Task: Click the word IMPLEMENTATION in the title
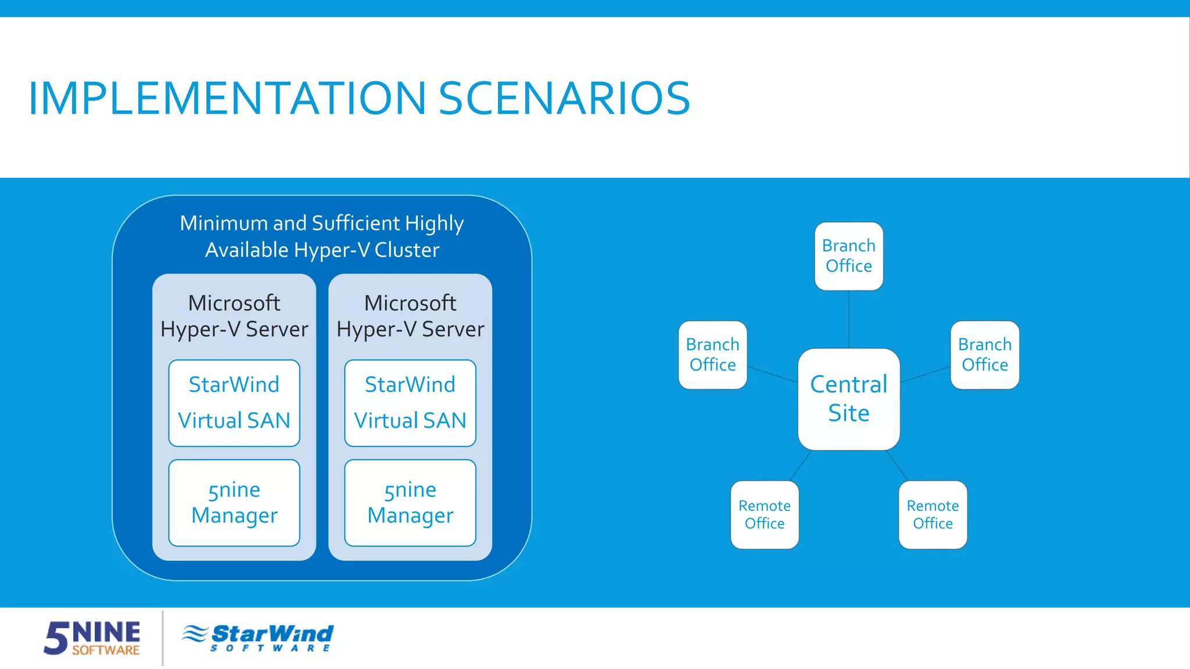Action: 227,98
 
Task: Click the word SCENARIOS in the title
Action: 564,98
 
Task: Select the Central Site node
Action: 848,399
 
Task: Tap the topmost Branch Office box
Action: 848,256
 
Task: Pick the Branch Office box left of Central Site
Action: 712,355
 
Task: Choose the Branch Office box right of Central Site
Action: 984,355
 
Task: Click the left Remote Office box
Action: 764,515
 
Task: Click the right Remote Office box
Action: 933,515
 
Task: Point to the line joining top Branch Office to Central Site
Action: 849,319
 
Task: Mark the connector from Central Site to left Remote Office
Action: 801,465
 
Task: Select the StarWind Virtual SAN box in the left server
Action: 234,402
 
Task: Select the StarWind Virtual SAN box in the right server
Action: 410,402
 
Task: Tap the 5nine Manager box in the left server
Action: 234,502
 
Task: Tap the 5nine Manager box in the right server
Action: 410,502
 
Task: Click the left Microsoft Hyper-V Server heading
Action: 234,316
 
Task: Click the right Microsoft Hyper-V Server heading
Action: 410,316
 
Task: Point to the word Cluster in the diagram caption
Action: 407,250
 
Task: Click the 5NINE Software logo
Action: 92,638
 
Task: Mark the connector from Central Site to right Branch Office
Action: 925,375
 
